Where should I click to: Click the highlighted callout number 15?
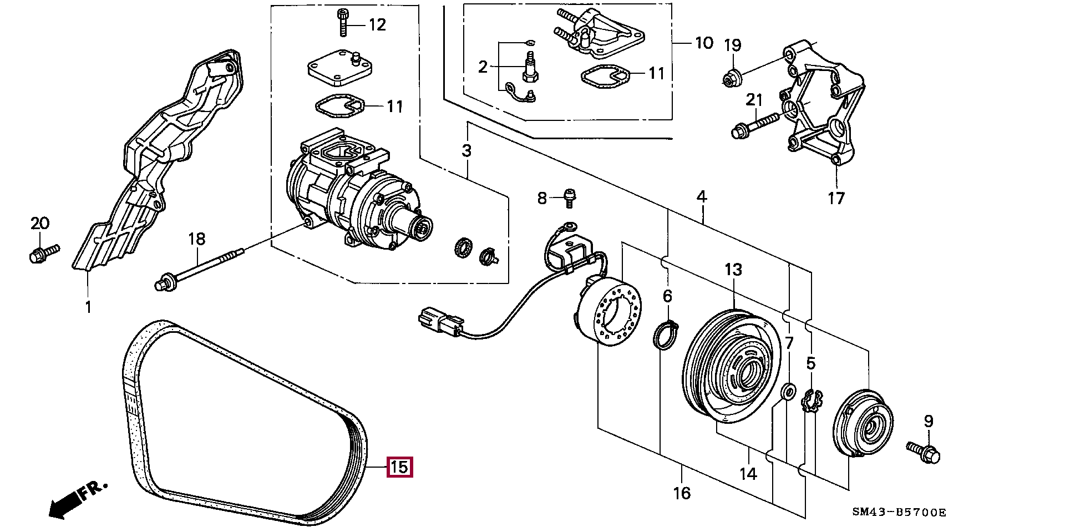point(399,467)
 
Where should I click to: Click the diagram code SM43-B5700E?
point(899,512)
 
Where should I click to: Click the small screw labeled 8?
point(569,198)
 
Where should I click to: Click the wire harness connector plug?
point(441,322)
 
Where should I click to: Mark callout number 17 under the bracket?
point(836,198)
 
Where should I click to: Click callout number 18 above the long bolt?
point(196,239)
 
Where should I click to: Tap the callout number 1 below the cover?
point(88,306)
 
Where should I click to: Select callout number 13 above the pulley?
point(733,270)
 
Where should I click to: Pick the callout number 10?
point(704,43)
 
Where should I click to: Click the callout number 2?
point(483,67)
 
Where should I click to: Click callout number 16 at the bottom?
point(682,493)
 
